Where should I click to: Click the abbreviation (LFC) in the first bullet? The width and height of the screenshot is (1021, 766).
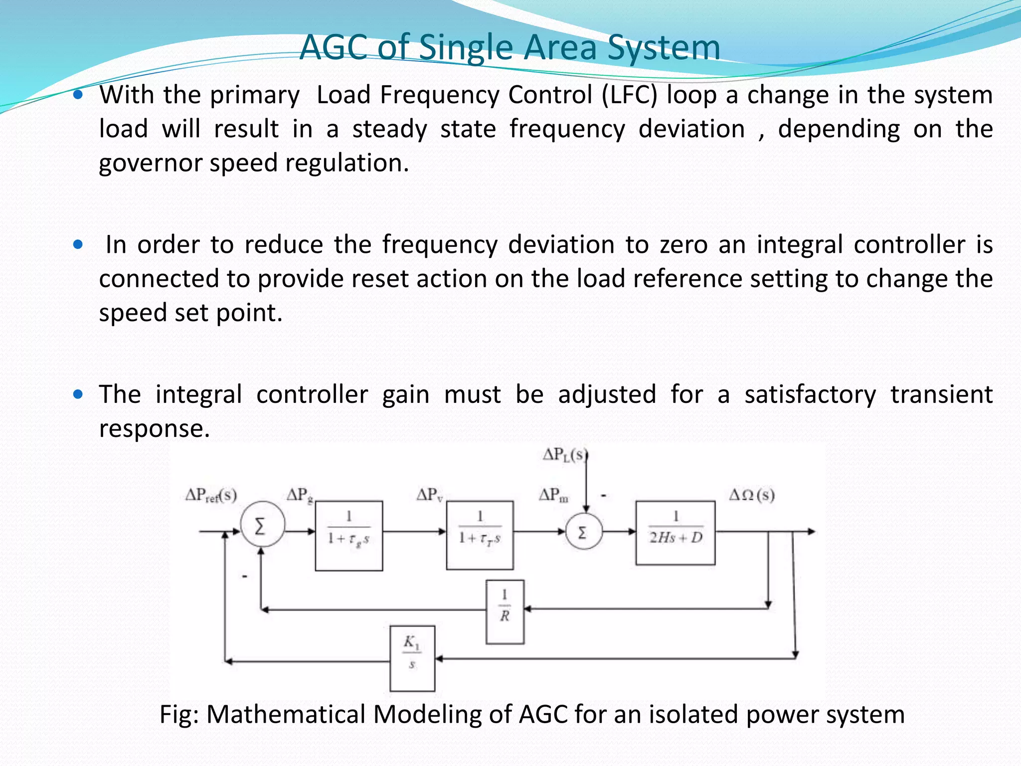pyautogui.click(x=630, y=95)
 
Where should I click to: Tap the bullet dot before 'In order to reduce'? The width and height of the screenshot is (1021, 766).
pyautogui.click(x=78, y=245)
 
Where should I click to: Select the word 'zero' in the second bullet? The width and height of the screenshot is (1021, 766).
pyautogui.click(x=682, y=245)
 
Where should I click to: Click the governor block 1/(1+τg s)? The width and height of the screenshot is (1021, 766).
pyautogui.click(x=349, y=535)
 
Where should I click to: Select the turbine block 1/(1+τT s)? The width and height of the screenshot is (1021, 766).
pyautogui.click(x=480, y=535)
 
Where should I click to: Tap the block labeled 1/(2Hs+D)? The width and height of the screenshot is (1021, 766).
pyautogui.click(x=675, y=533)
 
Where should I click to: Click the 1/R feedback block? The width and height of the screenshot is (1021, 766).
pyautogui.click(x=505, y=611)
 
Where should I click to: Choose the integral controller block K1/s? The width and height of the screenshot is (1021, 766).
pyautogui.click(x=412, y=658)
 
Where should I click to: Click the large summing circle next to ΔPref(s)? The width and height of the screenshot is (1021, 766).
pyautogui.click(x=262, y=525)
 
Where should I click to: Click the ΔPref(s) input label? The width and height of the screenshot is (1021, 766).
pyautogui.click(x=211, y=495)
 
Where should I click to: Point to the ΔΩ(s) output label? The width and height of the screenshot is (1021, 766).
pyautogui.click(x=752, y=495)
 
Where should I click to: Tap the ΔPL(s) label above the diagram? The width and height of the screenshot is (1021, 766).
pyautogui.click(x=564, y=455)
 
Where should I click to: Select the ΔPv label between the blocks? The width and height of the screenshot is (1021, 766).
pyautogui.click(x=429, y=495)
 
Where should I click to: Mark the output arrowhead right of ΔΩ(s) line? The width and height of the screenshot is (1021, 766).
pyautogui.click(x=811, y=532)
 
